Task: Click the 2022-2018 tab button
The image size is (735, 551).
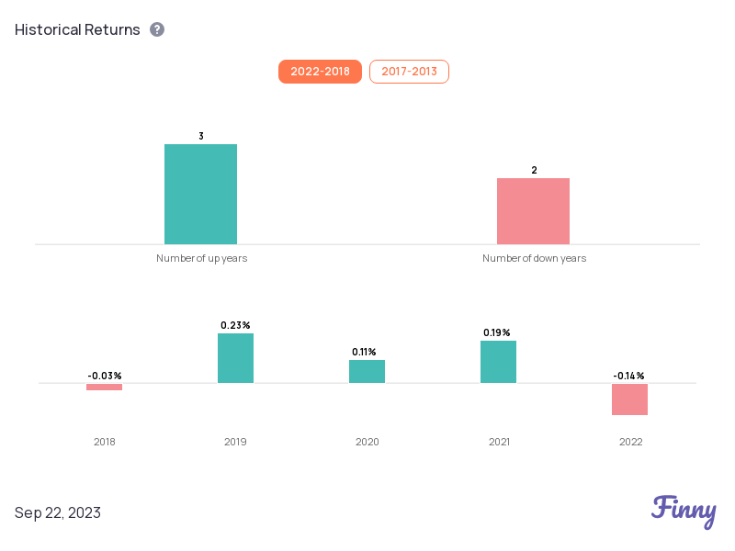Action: coord(320,72)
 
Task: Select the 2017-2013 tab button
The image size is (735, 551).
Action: coord(409,72)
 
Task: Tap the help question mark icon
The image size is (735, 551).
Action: coord(157,29)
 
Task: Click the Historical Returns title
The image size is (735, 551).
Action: coord(77,29)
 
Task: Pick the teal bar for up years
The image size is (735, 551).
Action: coord(200,194)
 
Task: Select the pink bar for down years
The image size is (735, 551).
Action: coord(533,210)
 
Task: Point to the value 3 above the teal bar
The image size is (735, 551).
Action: coord(201,136)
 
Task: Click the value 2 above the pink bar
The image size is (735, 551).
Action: coord(534,170)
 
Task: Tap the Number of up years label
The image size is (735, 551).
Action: coord(201,258)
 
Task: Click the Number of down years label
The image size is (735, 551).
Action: coord(534,258)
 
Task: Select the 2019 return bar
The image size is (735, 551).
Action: coord(235,358)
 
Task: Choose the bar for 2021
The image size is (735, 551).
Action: coord(498,362)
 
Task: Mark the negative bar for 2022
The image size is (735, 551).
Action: coord(629,399)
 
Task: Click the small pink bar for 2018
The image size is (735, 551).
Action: coord(104,387)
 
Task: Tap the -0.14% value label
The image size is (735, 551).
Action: coord(628,376)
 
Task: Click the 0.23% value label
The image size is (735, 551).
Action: coord(235,325)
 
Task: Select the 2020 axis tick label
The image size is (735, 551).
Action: coord(367,442)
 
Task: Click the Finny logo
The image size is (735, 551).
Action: coord(684,511)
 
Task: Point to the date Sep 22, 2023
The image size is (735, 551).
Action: coord(58,512)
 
